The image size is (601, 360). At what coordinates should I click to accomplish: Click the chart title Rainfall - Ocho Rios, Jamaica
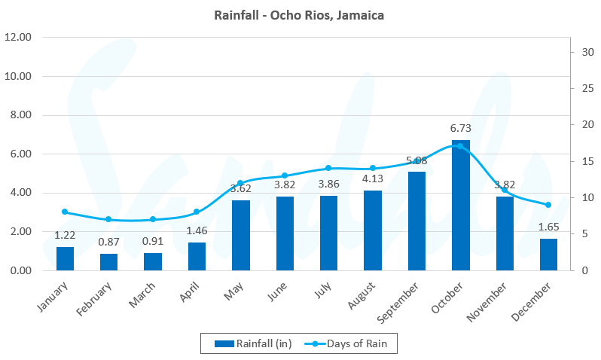[x=300, y=15]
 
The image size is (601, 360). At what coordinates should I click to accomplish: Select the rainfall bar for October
[x=460, y=205]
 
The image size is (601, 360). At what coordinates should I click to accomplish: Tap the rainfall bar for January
[x=65, y=258]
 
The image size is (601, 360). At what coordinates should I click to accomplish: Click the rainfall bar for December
[x=548, y=255]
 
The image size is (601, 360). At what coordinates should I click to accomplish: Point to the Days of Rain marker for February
[x=108, y=219]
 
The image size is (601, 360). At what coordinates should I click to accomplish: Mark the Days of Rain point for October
[x=460, y=146]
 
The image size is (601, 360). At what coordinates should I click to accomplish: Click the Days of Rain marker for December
[x=548, y=205]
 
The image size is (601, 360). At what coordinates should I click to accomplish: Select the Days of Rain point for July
[x=328, y=168]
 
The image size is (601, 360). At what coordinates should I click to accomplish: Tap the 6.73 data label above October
[x=460, y=130]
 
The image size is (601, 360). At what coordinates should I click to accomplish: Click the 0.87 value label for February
[x=108, y=243]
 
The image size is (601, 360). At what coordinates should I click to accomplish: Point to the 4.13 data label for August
[x=372, y=180]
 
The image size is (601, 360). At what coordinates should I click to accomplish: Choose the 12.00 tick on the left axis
[x=17, y=37]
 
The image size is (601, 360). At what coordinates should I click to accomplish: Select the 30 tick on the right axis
[x=580, y=51]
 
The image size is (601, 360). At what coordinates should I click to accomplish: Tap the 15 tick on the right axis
[x=580, y=161]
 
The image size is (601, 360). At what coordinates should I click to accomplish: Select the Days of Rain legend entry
[x=352, y=343]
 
